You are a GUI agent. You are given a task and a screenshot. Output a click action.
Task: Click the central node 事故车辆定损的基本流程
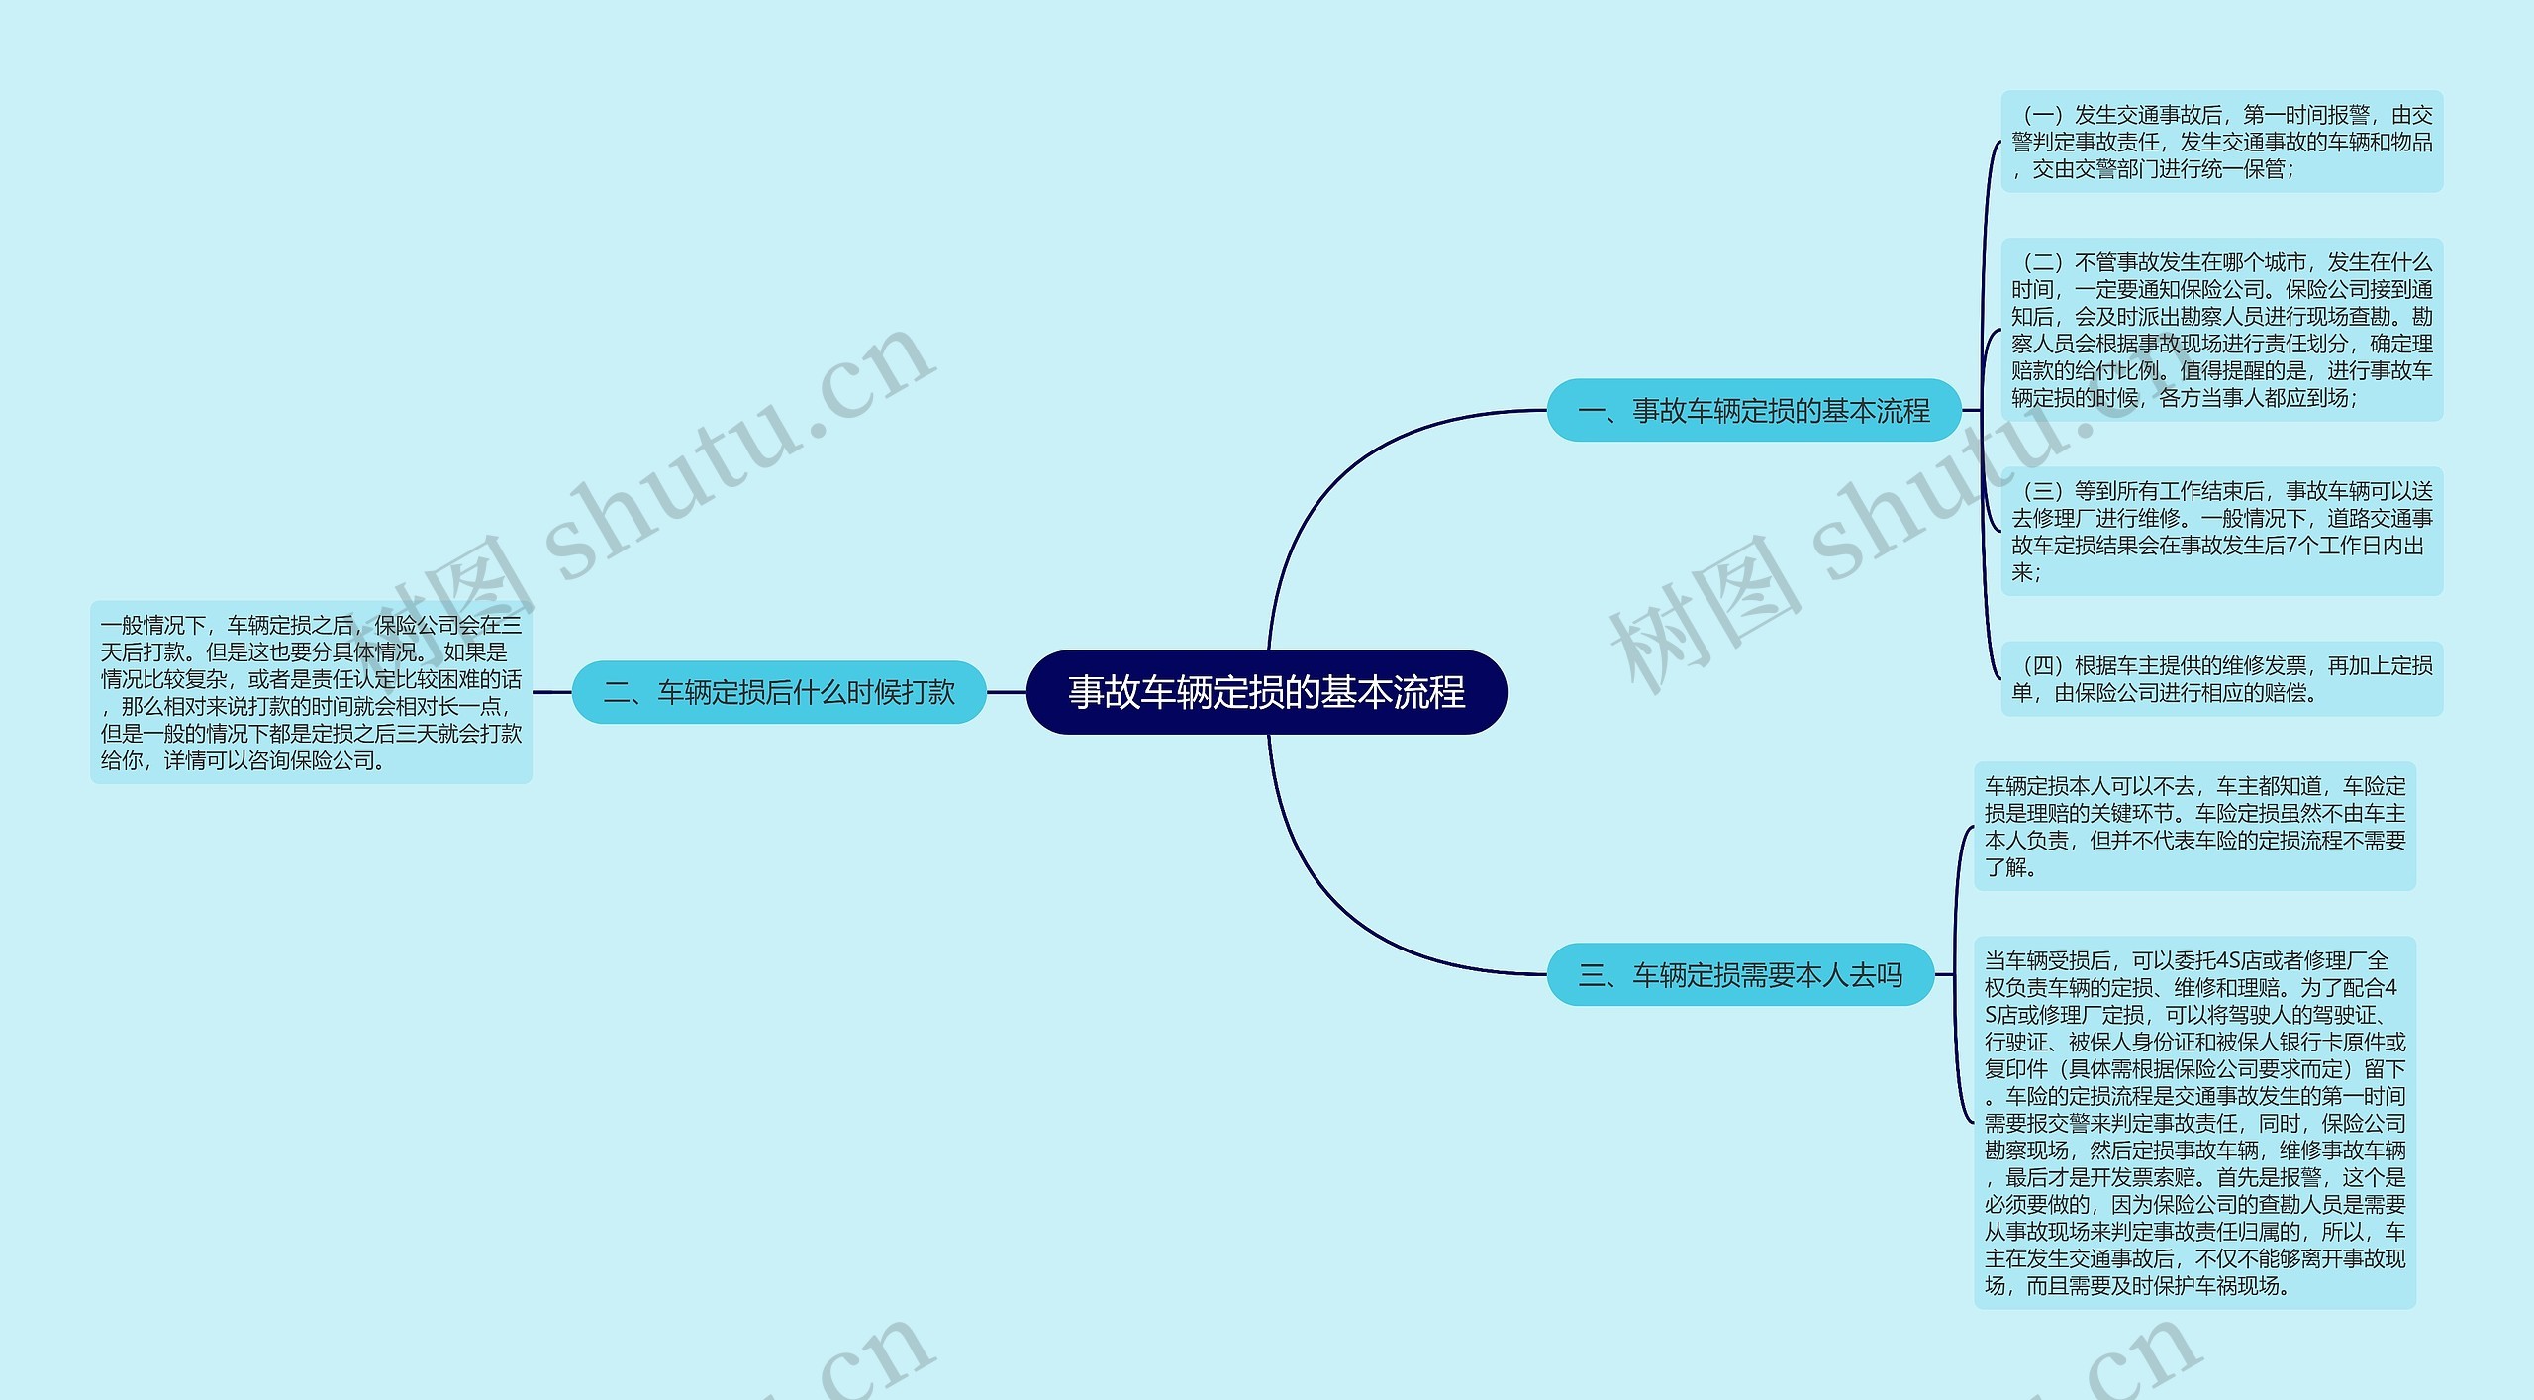1266,692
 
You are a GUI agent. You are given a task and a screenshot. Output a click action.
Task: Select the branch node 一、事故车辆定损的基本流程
1753,410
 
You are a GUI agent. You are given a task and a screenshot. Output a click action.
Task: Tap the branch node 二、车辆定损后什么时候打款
779,692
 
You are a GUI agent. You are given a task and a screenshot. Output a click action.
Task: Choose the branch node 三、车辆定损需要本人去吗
1739,975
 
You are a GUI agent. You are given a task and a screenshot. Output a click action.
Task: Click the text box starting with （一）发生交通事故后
2221,142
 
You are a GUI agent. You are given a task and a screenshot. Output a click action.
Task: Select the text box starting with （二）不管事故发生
2221,330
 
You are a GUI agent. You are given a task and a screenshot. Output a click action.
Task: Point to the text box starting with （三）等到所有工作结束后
2221,531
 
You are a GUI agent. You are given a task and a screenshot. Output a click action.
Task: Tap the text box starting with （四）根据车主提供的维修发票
2221,679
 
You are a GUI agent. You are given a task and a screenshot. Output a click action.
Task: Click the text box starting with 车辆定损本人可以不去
2194,826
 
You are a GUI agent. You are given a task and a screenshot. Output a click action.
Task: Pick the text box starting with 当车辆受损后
2194,1122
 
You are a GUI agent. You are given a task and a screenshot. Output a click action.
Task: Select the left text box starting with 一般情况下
311,692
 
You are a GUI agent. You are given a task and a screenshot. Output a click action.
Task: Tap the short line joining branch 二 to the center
1007,692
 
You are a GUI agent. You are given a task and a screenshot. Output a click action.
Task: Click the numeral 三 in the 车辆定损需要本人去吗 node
1592,976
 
